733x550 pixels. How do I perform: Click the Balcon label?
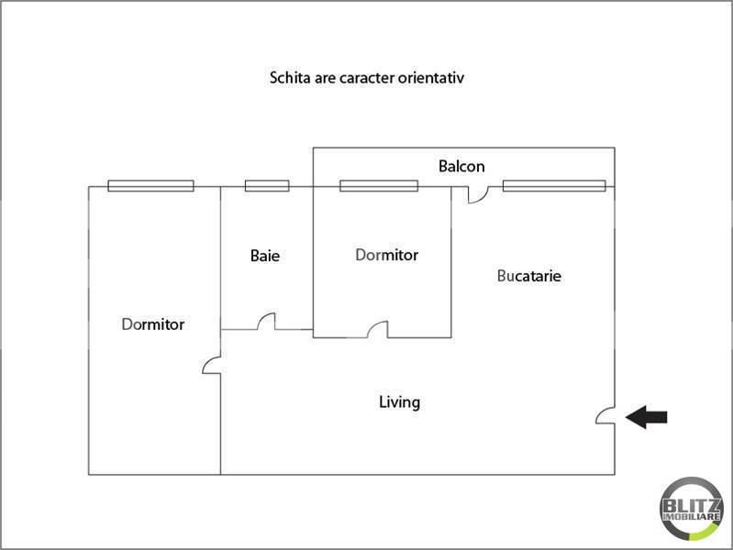pos(461,166)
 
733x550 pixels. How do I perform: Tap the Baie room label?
pos(265,256)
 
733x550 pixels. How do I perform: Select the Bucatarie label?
pos(528,276)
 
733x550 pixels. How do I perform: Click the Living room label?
pos(399,402)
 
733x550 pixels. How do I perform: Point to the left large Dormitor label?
pos(153,324)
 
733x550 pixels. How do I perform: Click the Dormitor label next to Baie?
pos(386,255)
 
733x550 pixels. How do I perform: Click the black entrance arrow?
pos(646,417)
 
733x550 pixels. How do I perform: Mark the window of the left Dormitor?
pos(150,186)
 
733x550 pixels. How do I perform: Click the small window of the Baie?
pos(267,186)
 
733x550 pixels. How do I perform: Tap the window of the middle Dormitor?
pos(379,186)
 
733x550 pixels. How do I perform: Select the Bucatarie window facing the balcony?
pos(554,186)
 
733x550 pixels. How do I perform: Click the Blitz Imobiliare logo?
pos(692,510)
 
